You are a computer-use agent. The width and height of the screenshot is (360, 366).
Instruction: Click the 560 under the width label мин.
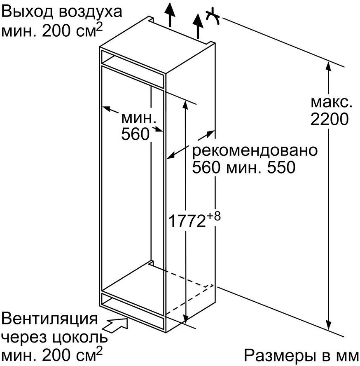click(x=135, y=134)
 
